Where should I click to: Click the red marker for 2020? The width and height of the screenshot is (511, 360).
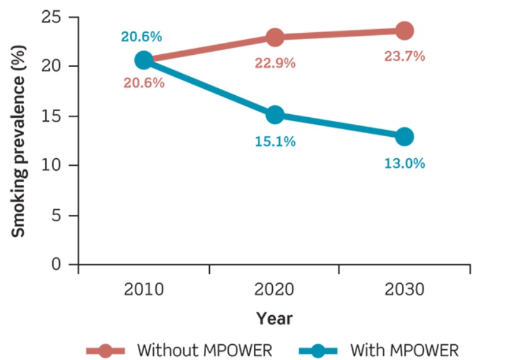tap(275, 37)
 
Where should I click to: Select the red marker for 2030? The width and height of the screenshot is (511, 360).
tap(405, 30)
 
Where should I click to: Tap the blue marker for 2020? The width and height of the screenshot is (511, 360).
tap(275, 115)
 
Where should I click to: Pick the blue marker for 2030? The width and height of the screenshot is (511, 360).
tap(405, 136)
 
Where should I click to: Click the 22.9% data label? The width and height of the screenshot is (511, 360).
tap(275, 64)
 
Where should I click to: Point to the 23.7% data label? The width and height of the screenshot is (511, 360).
tap(405, 57)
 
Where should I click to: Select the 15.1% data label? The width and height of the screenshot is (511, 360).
tap(275, 142)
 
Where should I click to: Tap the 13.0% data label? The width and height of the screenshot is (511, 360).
tap(405, 163)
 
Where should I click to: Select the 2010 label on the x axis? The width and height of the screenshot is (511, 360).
tap(144, 289)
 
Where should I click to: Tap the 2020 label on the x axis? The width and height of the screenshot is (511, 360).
tap(275, 289)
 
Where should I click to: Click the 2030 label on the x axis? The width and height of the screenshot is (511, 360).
tap(405, 289)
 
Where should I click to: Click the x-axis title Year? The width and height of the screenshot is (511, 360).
tap(274, 318)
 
